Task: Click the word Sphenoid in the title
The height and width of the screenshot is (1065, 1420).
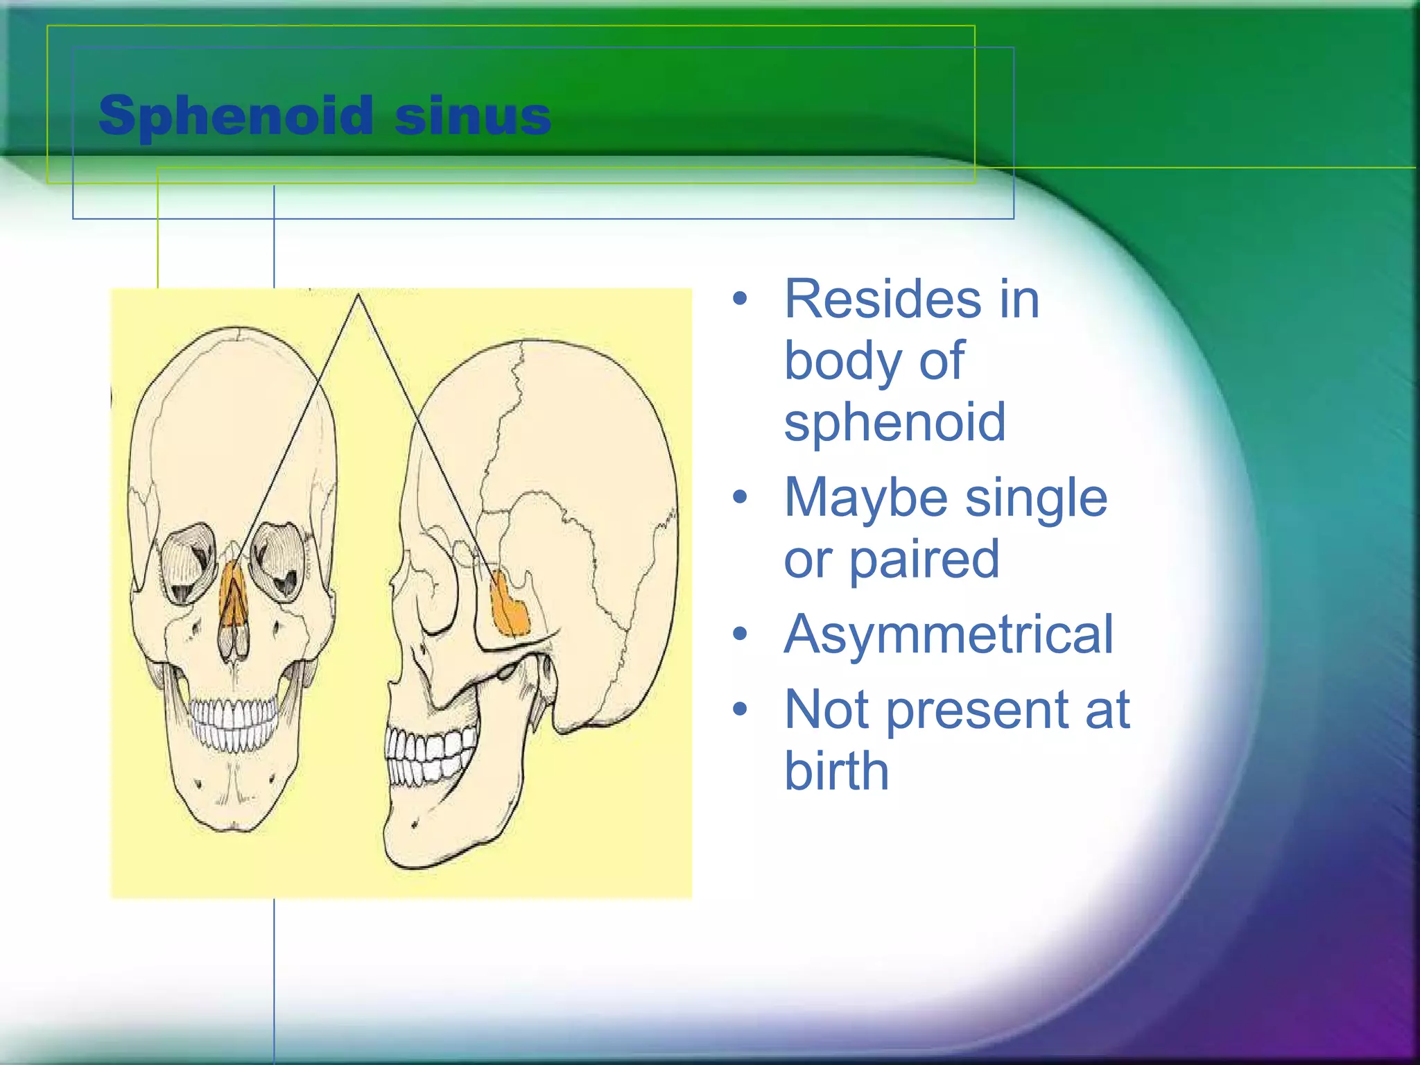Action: click(236, 116)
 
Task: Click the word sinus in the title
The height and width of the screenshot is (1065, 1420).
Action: click(473, 116)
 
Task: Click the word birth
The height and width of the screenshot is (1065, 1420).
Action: click(836, 771)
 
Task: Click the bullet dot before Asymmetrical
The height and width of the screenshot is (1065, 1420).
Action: click(741, 634)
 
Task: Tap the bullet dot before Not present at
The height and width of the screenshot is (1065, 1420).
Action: click(741, 709)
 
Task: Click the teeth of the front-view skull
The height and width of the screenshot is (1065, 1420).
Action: click(234, 725)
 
